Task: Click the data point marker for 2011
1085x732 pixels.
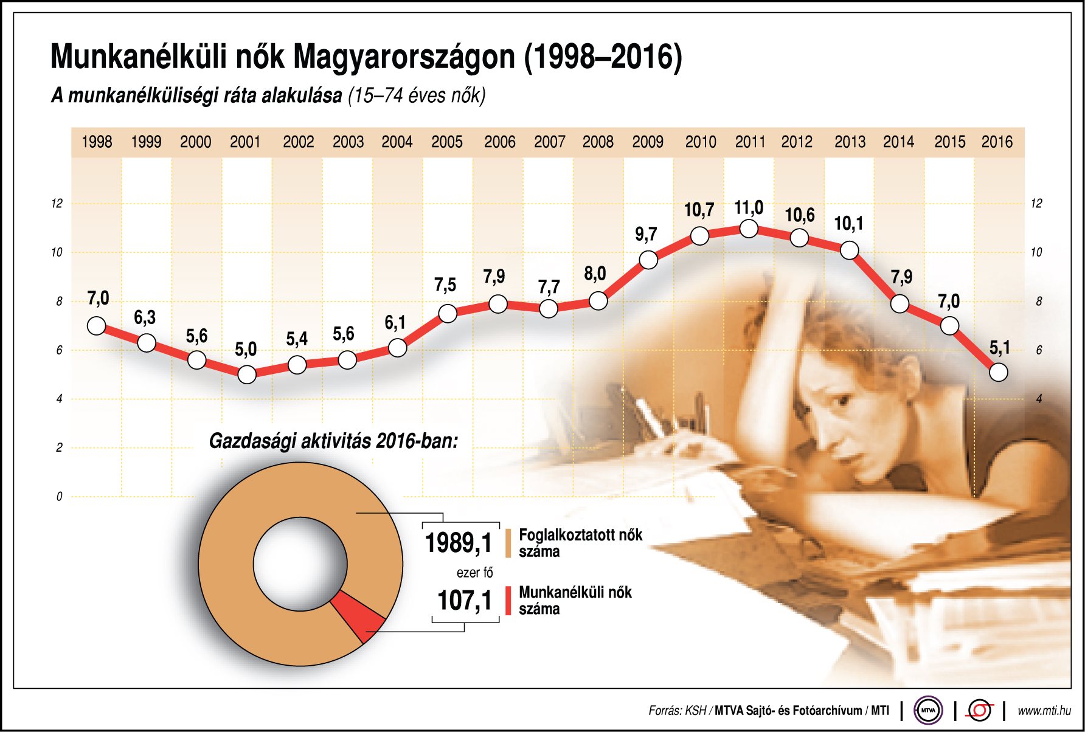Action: tap(749, 229)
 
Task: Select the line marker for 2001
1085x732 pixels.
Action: tap(247, 375)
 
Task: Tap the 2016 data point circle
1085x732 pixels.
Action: tap(998, 372)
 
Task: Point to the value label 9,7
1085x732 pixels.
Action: tap(646, 235)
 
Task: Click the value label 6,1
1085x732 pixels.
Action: tap(395, 323)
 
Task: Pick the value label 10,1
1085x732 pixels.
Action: tap(848, 224)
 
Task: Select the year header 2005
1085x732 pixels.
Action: tap(447, 142)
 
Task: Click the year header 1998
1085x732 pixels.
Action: tap(97, 142)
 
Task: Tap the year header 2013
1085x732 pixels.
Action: tap(850, 142)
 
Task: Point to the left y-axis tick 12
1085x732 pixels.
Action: tap(57, 204)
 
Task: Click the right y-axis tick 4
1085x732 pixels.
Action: tap(1039, 399)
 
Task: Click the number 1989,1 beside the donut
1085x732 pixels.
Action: tap(458, 543)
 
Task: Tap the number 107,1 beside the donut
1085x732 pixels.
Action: tap(465, 601)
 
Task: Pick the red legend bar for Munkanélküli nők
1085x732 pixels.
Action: tap(508, 601)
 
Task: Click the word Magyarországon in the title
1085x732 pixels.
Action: tap(404, 57)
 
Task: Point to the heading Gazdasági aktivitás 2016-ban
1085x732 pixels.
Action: tap(333, 441)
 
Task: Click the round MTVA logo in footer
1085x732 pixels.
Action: tap(928, 710)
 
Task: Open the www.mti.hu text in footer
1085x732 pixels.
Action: tap(1044, 711)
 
